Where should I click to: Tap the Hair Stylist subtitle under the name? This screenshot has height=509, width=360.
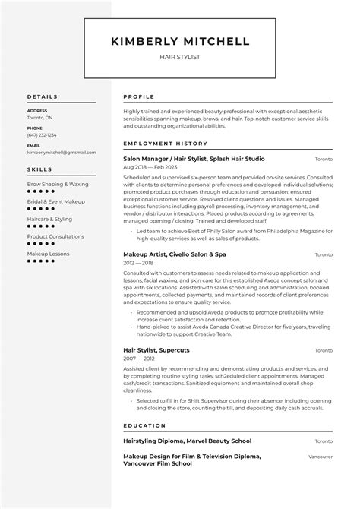point(180,57)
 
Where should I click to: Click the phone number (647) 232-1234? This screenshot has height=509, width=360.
point(42,135)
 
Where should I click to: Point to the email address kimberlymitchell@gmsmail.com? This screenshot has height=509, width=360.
point(57,152)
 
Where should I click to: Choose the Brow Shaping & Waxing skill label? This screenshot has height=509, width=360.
point(58,184)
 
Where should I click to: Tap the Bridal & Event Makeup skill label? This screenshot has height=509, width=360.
point(55,201)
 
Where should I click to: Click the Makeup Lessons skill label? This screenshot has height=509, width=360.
point(48,253)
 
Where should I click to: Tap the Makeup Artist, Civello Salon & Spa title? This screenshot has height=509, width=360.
point(175,254)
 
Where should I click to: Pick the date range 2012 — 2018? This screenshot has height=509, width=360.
point(138,263)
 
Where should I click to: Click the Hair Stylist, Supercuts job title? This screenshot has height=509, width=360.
point(156,349)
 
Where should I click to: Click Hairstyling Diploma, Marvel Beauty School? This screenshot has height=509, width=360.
point(187,441)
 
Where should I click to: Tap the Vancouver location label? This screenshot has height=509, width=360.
point(320,457)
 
